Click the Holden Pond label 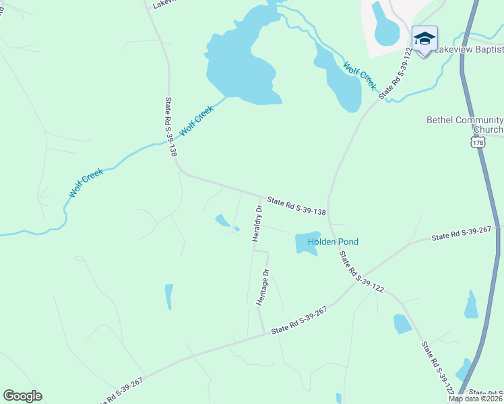point(333,242)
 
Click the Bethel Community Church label point(465,125)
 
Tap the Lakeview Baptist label point(469,50)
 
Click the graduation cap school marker point(424,39)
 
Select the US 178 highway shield point(478,143)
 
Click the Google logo point(22,396)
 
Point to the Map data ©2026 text point(476,399)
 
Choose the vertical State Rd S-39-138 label point(170,127)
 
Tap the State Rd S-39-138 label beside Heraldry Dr point(296,206)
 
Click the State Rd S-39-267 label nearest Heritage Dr point(298,320)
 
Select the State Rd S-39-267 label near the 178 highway point(462,234)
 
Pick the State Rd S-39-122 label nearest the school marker point(396,73)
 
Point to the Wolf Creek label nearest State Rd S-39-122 point(359,76)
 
